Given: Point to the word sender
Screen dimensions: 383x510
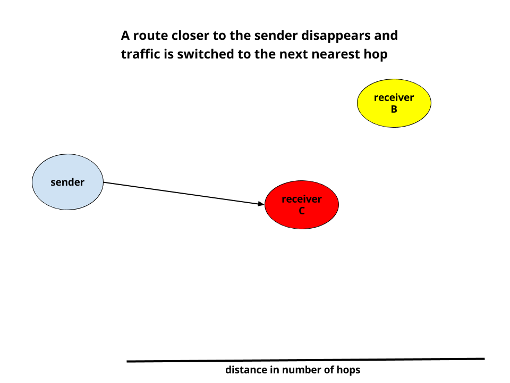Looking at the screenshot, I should [67, 182].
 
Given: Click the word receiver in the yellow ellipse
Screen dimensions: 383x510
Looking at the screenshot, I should [394, 97].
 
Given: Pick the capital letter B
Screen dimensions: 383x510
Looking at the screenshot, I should [394, 110].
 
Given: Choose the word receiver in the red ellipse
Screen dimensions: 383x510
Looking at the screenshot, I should [301, 199].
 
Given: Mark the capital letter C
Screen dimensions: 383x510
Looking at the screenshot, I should [301, 211].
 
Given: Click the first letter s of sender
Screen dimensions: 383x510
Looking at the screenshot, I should [53, 183].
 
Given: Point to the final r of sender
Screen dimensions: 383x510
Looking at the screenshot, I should [82, 183].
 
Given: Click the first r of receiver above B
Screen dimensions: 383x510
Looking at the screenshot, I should [376, 98].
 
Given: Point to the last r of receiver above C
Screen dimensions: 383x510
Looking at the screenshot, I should [319, 199].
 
